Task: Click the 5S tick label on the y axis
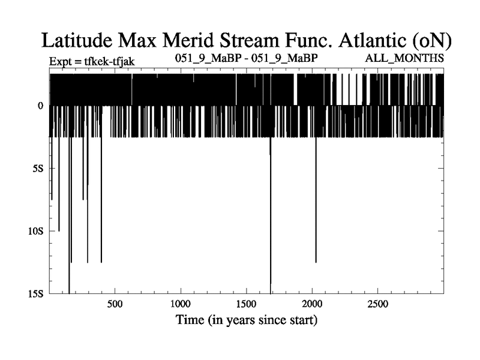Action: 38,169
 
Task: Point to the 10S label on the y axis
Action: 36,231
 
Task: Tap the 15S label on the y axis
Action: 36,294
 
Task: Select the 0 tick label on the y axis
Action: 40,106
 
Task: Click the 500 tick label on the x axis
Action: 115,304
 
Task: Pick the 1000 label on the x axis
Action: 181,304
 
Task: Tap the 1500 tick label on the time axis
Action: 246,304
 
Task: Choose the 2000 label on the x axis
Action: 312,304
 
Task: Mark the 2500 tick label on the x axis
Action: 378,304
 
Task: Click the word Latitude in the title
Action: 77,40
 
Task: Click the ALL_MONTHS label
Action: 404,58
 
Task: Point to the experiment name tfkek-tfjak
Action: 109,62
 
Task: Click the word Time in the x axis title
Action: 190,320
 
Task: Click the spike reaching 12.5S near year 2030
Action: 316,200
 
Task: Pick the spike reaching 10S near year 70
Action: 59,184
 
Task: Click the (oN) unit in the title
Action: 431,41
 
